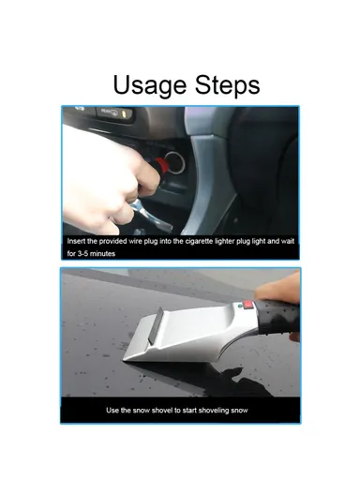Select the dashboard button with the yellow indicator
[x=115, y=112]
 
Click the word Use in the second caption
[x=115, y=411]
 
